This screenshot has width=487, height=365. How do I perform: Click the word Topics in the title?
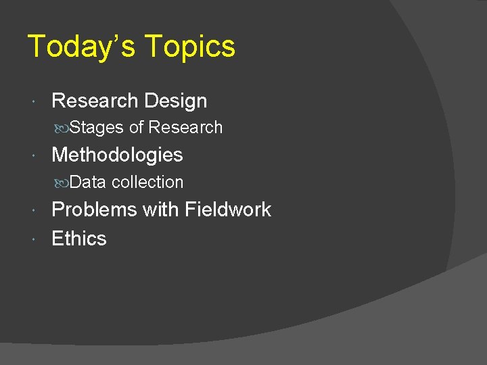click(x=190, y=47)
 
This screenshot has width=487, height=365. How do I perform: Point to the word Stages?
click(x=97, y=128)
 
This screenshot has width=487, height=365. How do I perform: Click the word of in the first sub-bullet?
click(x=136, y=128)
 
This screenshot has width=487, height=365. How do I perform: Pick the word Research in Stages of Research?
click(x=185, y=128)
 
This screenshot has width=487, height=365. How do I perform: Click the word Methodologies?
click(x=117, y=155)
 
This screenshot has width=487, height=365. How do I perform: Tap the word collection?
click(x=147, y=182)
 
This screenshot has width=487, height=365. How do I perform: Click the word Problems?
click(x=95, y=210)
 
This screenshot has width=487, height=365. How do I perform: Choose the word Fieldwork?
click(x=227, y=210)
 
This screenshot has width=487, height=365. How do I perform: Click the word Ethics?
click(x=79, y=239)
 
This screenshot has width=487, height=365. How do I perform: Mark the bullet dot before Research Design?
click(x=34, y=102)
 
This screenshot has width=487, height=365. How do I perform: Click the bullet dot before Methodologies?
click(x=34, y=156)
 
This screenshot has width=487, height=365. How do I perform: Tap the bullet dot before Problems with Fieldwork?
click(x=34, y=211)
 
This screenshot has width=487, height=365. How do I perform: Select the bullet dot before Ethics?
click(x=34, y=239)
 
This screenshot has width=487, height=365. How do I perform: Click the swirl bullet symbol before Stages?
click(x=61, y=128)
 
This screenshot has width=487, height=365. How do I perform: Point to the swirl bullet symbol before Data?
click(x=61, y=183)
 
